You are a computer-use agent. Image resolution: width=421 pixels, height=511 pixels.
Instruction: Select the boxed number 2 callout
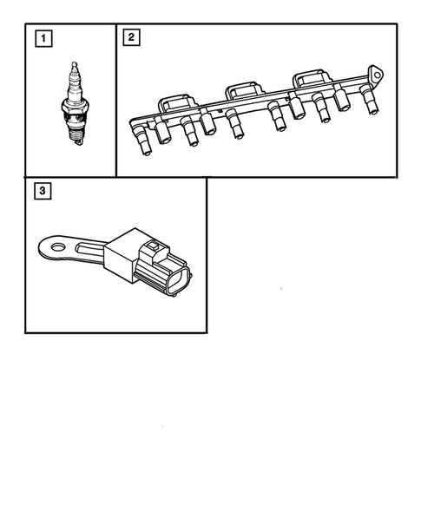(130, 37)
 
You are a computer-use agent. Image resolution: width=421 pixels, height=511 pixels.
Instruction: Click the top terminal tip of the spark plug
(74, 64)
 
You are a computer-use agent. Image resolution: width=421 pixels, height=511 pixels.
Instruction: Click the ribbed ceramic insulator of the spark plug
(74, 87)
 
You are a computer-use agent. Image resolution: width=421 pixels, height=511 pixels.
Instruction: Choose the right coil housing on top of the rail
(309, 81)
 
